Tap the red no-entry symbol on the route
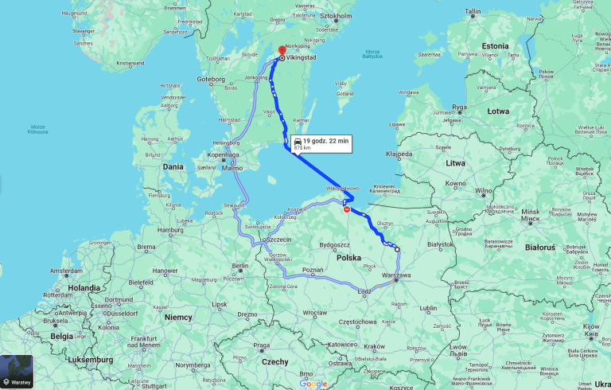coord(346,209)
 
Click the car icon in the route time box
coord(297,141)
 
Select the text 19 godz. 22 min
coord(326,141)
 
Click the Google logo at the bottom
coord(313,384)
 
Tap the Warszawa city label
coord(396,275)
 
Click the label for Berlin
coord(240,266)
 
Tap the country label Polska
coord(348,258)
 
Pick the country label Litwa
coord(455,162)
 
